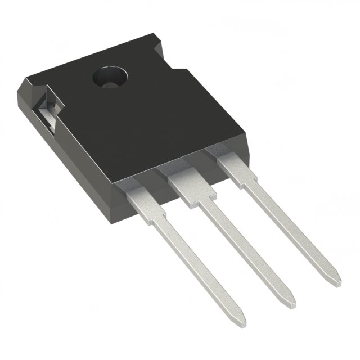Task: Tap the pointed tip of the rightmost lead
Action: tap(336, 277)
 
